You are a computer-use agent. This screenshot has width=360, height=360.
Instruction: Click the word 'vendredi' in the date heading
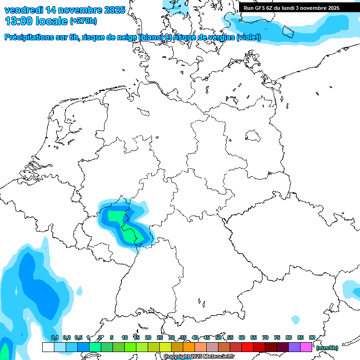click(x=23, y=10)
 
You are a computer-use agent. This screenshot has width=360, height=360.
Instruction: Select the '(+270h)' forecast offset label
click(x=83, y=21)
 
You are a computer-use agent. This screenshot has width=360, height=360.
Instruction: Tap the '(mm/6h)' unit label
click(x=327, y=348)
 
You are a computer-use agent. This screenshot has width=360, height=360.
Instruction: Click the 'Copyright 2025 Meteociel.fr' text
click(x=199, y=357)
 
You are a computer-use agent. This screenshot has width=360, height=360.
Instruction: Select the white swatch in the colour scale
click(x=48, y=347)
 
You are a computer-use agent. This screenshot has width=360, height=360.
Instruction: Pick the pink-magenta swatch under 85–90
click(x=306, y=347)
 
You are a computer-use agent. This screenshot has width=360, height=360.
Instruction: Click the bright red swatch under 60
click(x=247, y=347)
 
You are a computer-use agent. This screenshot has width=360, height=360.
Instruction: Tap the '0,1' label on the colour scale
click(x=54, y=338)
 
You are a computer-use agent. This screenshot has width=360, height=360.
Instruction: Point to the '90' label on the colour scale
click(x=312, y=338)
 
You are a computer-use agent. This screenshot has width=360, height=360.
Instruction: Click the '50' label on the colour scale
click(x=218, y=338)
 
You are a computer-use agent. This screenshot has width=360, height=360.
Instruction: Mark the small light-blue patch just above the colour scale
click(x=295, y=320)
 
